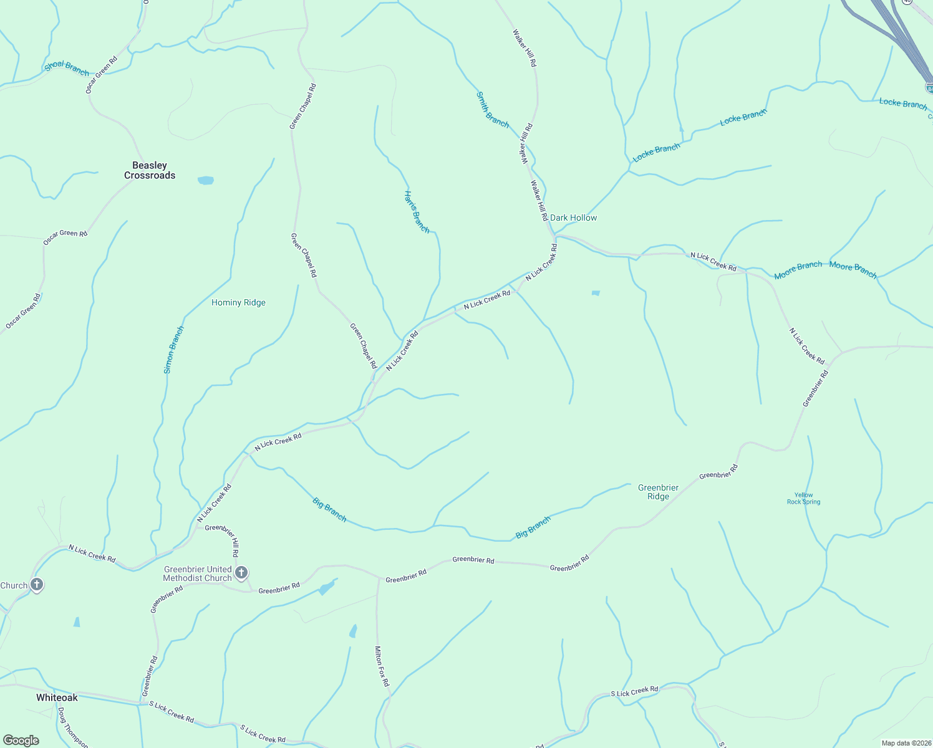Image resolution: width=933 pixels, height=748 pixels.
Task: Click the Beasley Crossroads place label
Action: point(150,170)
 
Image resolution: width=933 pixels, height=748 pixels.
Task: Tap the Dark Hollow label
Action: point(573,218)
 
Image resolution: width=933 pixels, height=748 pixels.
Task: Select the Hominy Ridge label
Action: point(238,302)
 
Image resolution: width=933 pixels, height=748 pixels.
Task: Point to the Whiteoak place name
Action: point(57,698)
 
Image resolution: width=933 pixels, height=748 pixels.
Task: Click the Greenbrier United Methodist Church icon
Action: point(241,573)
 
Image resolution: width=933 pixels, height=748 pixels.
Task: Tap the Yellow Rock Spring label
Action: point(803,498)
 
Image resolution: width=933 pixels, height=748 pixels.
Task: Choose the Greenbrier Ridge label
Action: point(658,492)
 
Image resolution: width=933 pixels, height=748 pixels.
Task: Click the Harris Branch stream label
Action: point(417,212)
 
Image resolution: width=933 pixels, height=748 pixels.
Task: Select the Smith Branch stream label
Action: point(493,110)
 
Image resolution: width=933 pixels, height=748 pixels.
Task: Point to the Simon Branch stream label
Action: point(173,350)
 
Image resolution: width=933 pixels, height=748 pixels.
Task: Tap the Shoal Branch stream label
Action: point(67,69)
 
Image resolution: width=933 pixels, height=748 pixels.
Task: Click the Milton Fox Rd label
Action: point(381,666)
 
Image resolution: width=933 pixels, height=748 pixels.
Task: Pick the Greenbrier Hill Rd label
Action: point(222,540)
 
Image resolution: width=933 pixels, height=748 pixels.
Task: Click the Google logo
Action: point(21,741)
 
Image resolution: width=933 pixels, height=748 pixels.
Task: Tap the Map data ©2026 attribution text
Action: point(906,743)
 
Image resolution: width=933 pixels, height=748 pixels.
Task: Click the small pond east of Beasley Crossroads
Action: point(205,181)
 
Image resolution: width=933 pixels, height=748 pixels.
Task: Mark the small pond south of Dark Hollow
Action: point(596,293)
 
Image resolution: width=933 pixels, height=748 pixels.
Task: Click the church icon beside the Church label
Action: point(37,585)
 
